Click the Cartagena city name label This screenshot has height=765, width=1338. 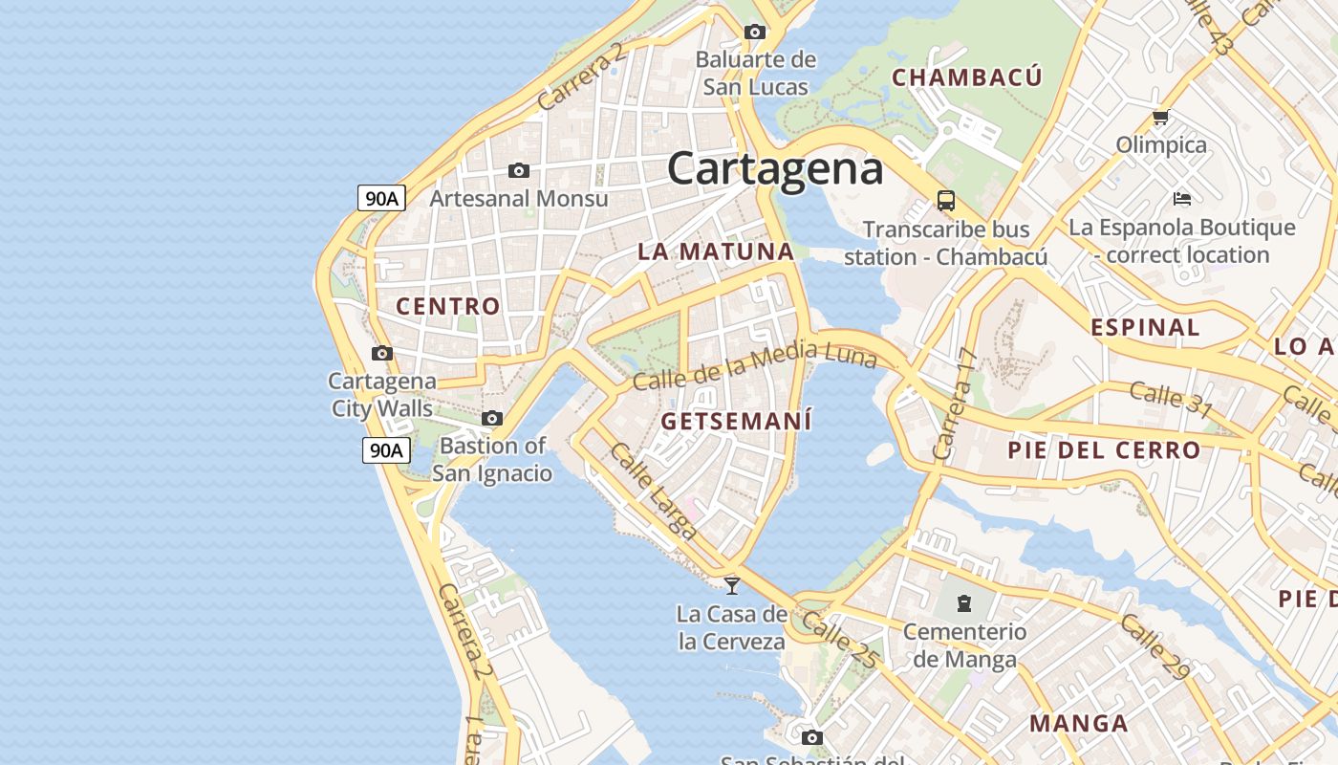pyautogui.click(x=775, y=169)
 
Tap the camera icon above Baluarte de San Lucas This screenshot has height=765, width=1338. pyautogui.click(x=755, y=32)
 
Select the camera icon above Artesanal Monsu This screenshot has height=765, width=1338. pyautogui.click(x=519, y=170)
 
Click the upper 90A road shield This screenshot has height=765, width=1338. pyautogui.click(x=382, y=198)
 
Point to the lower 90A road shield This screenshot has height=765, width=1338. pyautogui.click(x=386, y=449)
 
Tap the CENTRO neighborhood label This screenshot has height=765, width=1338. pyautogui.click(x=448, y=306)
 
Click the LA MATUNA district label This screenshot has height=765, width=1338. pyautogui.click(x=716, y=251)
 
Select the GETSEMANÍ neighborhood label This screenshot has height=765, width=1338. pyautogui.click(x=736, y=421)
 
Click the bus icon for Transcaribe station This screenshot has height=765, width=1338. pyautogui.click(x=945, y=201)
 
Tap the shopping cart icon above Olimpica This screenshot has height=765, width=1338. pyautogui.click(x=1160, y=118)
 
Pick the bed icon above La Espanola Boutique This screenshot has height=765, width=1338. pyautogui.click(x=1182, y=199)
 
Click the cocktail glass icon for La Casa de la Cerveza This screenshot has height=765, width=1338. pyautogui.click(x=732, y=585)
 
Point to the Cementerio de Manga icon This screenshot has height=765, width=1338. pyautogui.click(x=964, y=603)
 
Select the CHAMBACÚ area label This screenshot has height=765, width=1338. pyautogui.click(x=966, y=77)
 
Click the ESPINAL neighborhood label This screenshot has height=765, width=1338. pyautogui.click(x=1145, y=327)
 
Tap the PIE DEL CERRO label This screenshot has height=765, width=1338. pyautogui.click(x=1104, y=449)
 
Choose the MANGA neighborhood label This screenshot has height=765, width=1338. pyautogui.click(x=1079, y=723)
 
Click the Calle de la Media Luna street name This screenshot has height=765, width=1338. pyautogui.click(x=754, y=367)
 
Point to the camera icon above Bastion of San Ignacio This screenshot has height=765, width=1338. pyautogui.click(x=492, y=418)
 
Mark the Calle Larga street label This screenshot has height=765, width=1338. pyautogui.click(x=654, y=492)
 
